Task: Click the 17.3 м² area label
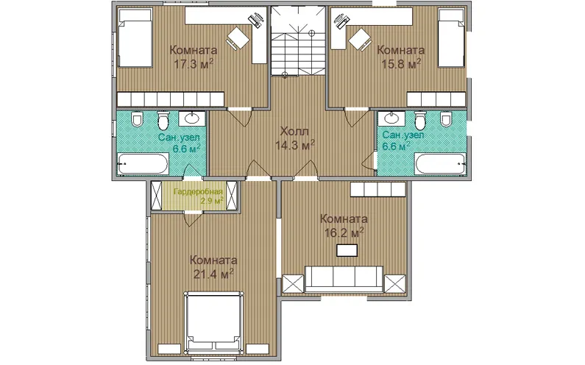194,64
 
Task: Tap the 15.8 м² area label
401,64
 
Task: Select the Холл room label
294,132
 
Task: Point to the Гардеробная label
198,192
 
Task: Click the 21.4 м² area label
213,274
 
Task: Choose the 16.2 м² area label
344,233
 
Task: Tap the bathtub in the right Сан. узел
441,164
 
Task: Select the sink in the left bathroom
192,118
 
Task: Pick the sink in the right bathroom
391,118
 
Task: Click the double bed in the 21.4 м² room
213,322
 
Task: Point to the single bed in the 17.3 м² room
135,38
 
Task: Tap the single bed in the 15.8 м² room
451,38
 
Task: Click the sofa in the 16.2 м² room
344,279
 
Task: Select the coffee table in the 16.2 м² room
347,250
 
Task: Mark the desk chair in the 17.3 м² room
238,38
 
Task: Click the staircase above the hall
298,40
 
